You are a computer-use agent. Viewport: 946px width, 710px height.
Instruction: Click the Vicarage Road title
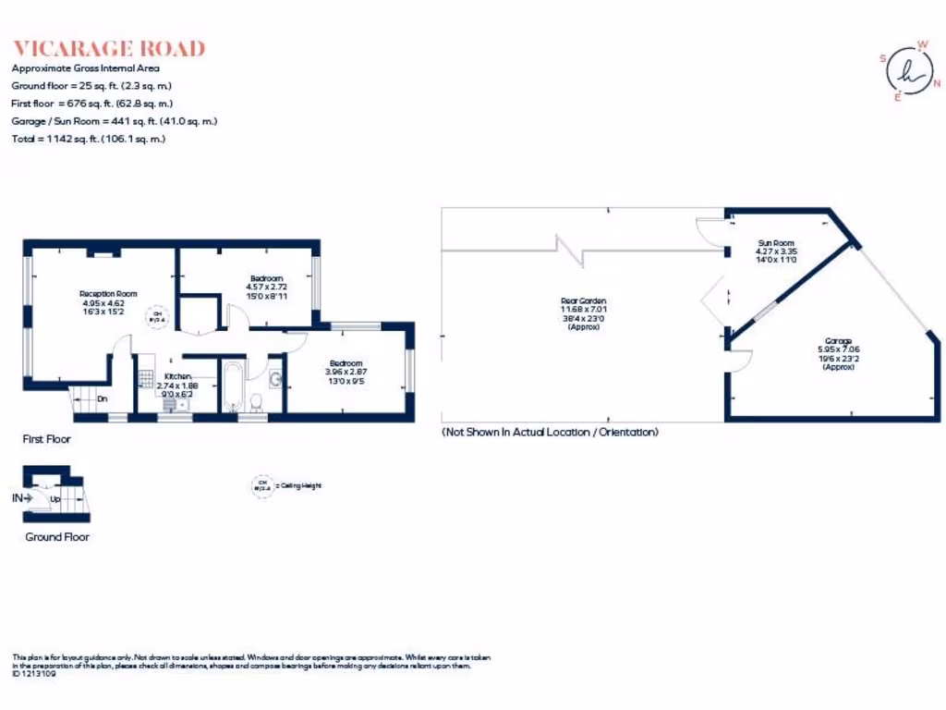point(108,49)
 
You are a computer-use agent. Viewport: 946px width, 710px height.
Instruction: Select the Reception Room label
point(102,294)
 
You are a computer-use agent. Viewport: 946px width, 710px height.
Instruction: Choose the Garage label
point(838,341)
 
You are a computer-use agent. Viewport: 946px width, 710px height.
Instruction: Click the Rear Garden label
point(584,301)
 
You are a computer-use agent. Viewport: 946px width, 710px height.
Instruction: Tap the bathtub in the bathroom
point(231,390)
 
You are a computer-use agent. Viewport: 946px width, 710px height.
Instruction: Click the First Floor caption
point(46,439)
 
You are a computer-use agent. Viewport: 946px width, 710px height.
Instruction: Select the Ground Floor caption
point(56,537)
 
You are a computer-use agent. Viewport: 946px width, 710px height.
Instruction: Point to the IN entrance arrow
point(22,498)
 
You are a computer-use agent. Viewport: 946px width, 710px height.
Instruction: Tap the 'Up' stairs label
point(55,499)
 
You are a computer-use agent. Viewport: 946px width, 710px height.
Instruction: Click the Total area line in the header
point(88,139)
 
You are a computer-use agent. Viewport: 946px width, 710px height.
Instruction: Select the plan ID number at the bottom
point(33,674)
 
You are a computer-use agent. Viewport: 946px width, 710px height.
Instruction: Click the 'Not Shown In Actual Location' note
point(550,432)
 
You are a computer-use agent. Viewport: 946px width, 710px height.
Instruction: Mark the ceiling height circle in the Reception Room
point(158,317)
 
